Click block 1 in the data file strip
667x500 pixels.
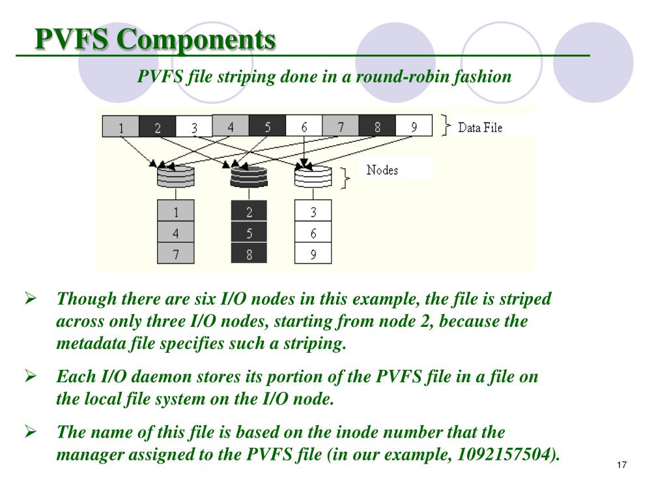tap(121, 128)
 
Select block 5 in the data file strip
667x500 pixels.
tap(267, 126)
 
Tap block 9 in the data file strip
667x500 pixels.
tap(414, 126)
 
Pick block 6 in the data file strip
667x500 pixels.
tap(304, 126)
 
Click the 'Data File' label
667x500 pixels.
tap(480, 128)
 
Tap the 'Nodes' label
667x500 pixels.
tap(382, 170)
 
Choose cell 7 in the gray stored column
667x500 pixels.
tap(176, 254)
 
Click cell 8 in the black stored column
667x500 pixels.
tap(249, 254)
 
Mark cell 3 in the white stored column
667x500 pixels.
tap(313, 211)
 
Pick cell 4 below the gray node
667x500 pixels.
tap(176, 232)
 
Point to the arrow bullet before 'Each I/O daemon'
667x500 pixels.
tap(30, 376)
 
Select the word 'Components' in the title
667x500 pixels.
tap(196, 39)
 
